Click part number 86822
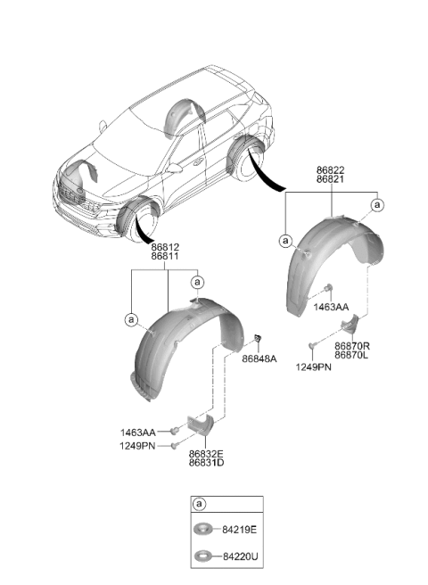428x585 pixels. (331, 170)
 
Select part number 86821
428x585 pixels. (331, 179)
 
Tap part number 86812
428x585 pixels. (165, 247)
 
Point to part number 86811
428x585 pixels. (165, 256)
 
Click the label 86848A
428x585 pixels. (259, 358)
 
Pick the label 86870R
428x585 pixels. (352, 346)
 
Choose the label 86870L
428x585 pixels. (351, 355)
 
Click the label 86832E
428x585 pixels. (206, 454)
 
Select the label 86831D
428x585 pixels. (206, 463)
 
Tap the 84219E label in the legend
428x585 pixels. (240, 530)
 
